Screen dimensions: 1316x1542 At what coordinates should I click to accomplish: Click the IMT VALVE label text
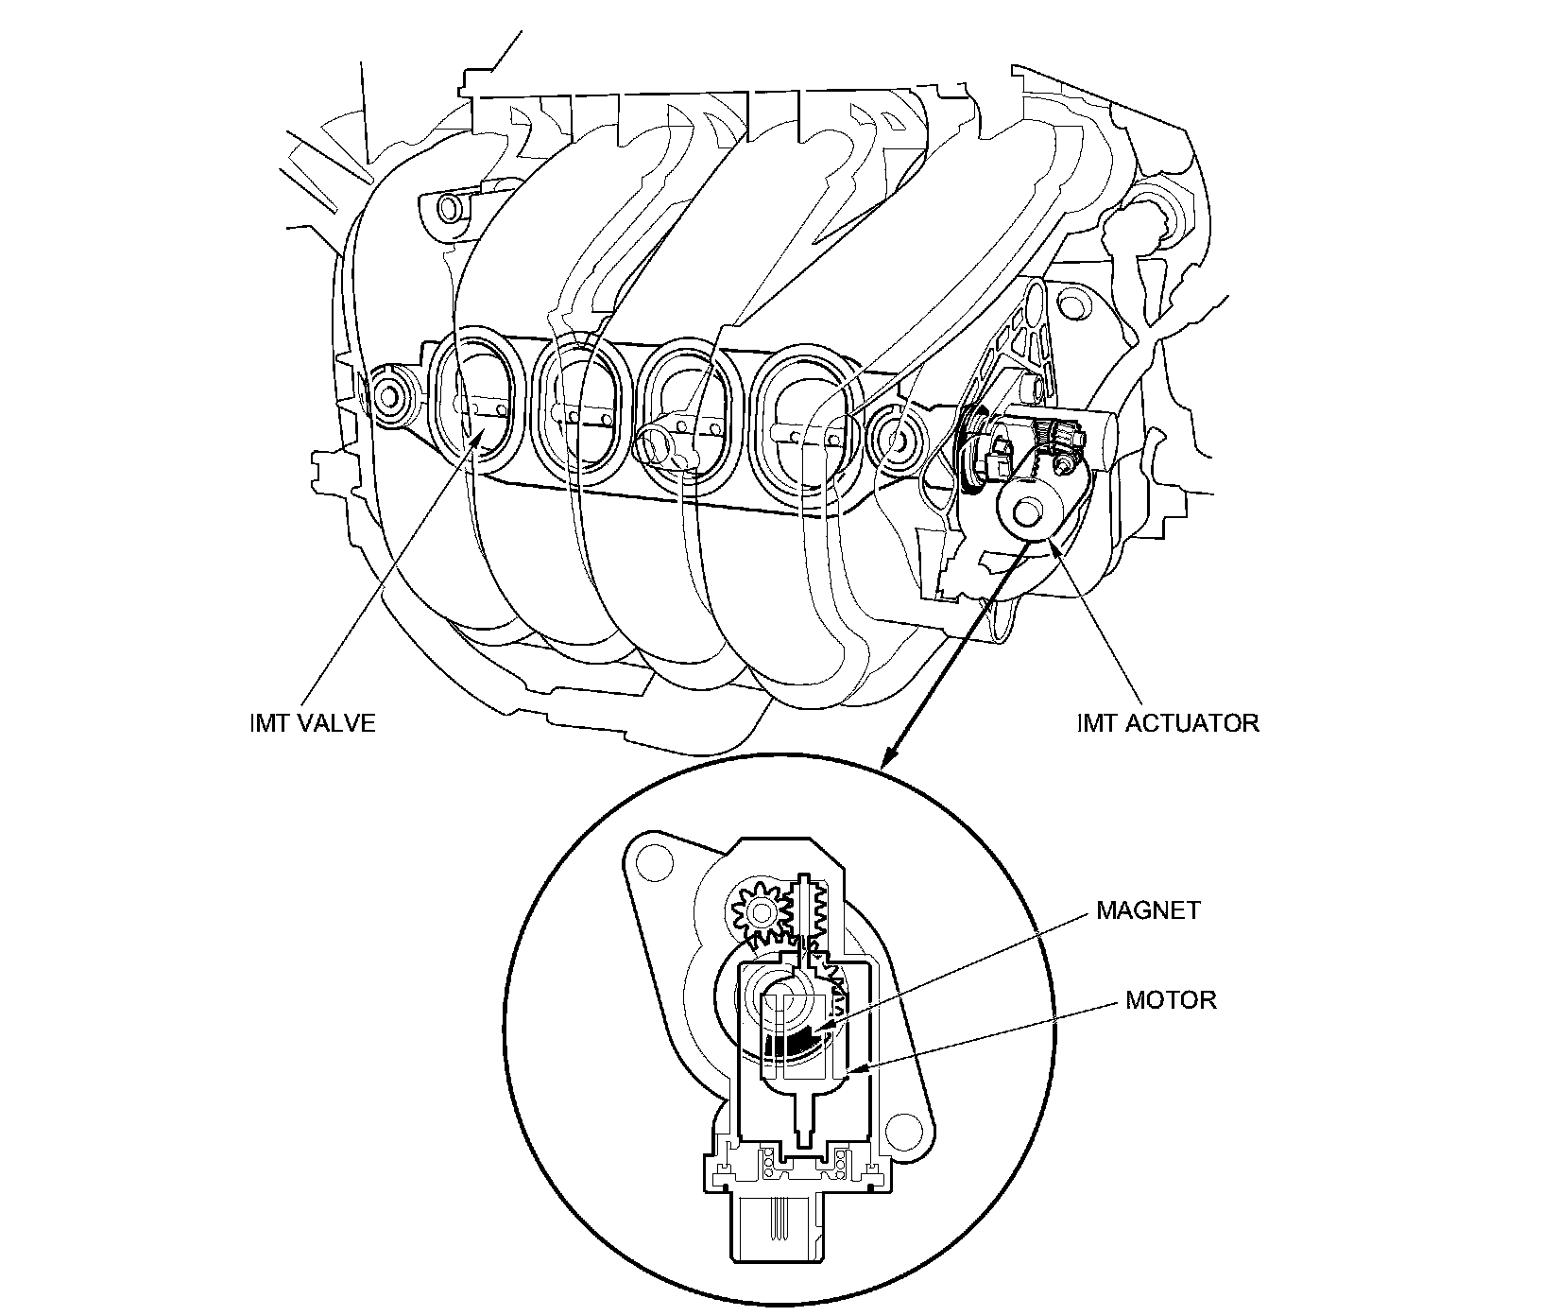309,723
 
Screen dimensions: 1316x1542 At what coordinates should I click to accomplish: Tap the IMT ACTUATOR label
1168,723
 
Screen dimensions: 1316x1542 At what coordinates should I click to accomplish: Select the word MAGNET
1148,910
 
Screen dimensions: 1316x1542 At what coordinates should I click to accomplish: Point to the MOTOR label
1171,999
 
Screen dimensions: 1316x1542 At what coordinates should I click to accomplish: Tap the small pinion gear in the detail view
758,909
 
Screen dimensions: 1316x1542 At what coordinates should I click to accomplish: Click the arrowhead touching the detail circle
885,761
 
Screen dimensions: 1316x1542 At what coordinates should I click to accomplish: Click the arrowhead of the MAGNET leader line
819,1028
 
